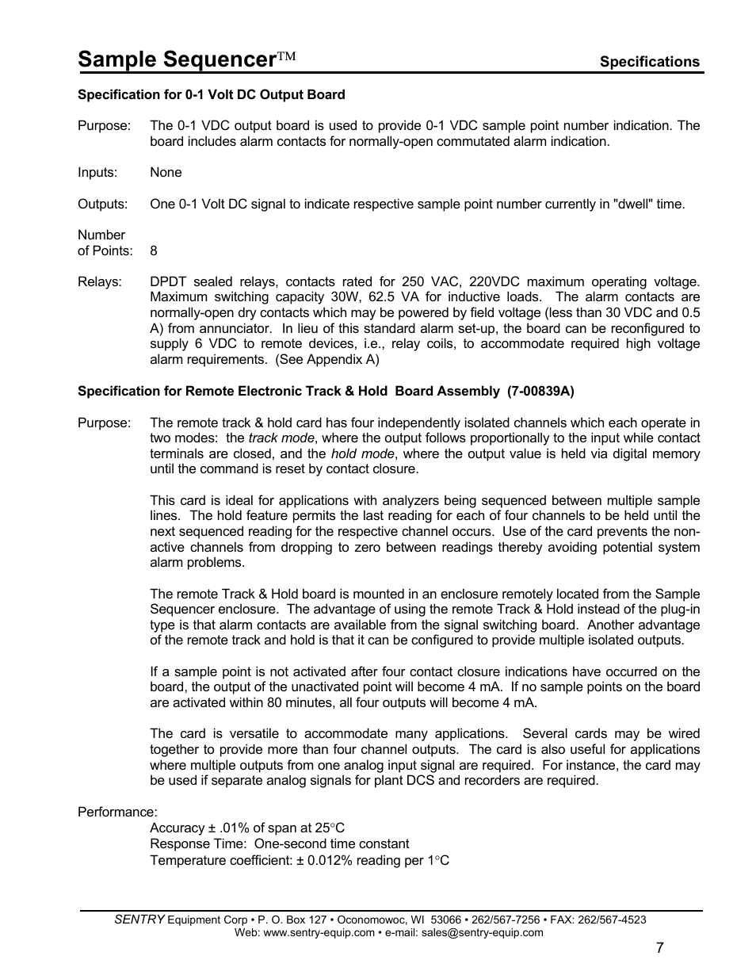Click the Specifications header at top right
649,62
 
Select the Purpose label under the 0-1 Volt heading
104,126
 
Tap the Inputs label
97,173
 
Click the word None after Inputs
166,173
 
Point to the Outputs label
102,205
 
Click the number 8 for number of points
154,251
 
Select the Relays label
100,282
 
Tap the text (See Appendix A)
326,360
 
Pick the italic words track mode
281,438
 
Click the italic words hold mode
362,454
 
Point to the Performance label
117,813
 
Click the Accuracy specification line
247,828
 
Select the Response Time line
280,844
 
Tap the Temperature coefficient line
300,861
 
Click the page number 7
660,949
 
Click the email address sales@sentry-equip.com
482,933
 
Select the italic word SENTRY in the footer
139,920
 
